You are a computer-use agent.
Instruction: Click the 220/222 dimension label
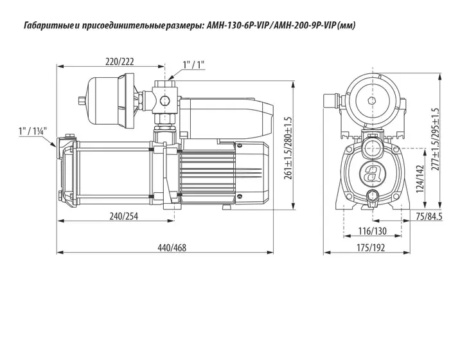click(x=119, y=62)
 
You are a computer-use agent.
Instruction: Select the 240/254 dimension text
click(x=124, y=216)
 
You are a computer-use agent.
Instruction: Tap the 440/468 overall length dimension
click(x=172, y=248)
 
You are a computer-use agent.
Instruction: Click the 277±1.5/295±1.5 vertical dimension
click(x=436, y=139)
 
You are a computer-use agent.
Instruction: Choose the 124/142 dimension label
click(x=420, y=179)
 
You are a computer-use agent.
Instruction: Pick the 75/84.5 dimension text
click(x=429, y=217)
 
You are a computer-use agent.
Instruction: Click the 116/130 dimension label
click(x=373, y=231)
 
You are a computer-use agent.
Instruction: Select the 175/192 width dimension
click(x=371, y=248)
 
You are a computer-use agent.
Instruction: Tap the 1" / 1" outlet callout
click(x=193, y=65)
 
